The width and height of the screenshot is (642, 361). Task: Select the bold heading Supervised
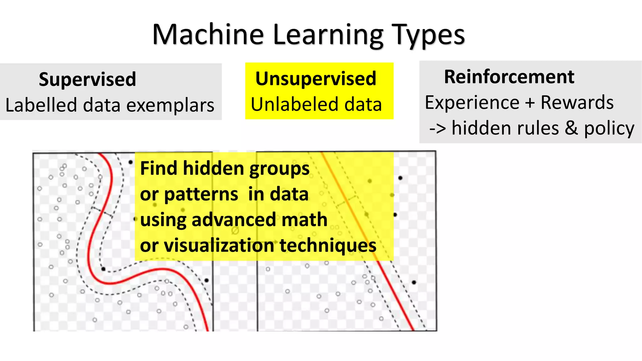tap(87, 79)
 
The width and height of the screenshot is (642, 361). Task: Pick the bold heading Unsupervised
tap(316, 78)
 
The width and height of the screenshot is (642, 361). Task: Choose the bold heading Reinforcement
tap(509, 77)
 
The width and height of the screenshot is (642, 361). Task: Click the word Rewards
tap(577, 102)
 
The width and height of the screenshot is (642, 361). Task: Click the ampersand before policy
tap(571, 128)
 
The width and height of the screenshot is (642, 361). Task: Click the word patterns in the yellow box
tap(201, 195)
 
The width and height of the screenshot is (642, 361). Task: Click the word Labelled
tap(41, 105)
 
